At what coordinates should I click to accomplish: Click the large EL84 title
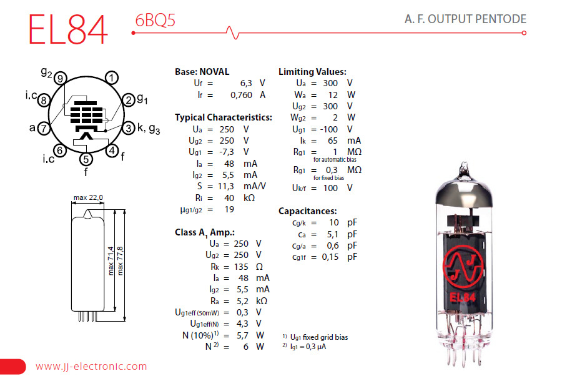pyautogui.click(x=68, y=29)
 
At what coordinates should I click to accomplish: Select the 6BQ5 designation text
pyautogui.click(x=155, y=20)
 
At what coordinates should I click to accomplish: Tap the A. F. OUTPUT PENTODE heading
pyautogui.click(x=465, y=19)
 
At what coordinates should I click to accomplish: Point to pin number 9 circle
pyautogui.click(x=60, y=78)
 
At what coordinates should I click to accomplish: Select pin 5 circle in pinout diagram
pyautogui.click(x=86, y=159)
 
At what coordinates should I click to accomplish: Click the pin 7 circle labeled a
pyautogui.click(x=43, y=129)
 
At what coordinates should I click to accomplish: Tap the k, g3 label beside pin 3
pyautogui.click(x=149, y=129)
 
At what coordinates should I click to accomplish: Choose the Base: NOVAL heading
pyautogui.click(x=202, y=72)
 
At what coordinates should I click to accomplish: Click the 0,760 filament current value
pyautogui.click(x=240, y=95)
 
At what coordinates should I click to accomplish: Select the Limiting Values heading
pyautogui.click(x=312, y=72)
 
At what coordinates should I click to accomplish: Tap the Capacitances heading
pyautogui.click(x=307, y=211)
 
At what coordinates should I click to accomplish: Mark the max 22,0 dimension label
pyautogui.click(x=88, y=198)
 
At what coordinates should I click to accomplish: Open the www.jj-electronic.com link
pyautogui.click(x=91, y=367)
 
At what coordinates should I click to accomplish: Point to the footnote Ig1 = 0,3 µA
pyautogui.click(x=308, y=346)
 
